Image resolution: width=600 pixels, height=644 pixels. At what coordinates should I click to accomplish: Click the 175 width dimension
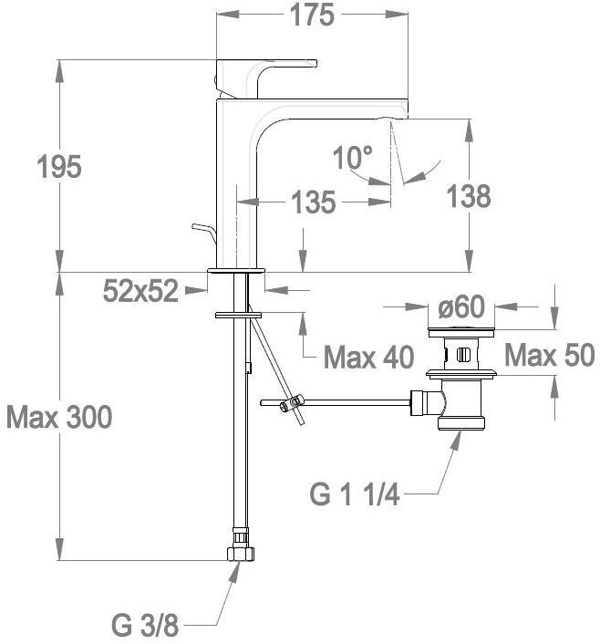(312, 16)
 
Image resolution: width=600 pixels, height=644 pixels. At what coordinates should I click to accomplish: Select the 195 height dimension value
(59, 167)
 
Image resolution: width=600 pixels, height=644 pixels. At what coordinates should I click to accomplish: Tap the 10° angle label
(353, 157)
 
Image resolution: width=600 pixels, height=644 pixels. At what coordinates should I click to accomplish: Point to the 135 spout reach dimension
(313, 203)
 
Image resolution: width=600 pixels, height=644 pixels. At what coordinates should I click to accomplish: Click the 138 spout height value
(468, 196)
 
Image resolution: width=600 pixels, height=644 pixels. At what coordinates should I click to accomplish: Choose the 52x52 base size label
(140, 291)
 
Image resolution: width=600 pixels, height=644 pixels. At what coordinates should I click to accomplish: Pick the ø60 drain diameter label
(461, 306)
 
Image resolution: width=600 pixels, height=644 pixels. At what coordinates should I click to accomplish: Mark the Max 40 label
(368, 358)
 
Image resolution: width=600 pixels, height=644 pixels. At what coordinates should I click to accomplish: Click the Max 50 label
(550, 355)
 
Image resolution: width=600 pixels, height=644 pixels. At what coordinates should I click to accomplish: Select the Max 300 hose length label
(59, 417)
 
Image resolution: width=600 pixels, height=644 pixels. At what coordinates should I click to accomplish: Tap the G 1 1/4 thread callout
(355, 494)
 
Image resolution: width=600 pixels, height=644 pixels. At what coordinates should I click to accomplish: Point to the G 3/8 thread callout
(145, 626)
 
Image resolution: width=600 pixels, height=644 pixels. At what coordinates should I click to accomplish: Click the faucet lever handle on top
(266, 78)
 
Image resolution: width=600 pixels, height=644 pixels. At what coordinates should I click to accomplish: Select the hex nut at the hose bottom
(240, 553)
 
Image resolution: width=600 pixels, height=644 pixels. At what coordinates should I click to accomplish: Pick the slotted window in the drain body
(462, 354)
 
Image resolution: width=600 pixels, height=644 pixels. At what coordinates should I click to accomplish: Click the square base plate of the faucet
(236, 271)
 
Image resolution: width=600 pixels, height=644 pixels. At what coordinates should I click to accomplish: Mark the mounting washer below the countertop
(238, 315)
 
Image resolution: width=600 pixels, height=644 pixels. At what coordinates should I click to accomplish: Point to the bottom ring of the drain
(461, 422)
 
